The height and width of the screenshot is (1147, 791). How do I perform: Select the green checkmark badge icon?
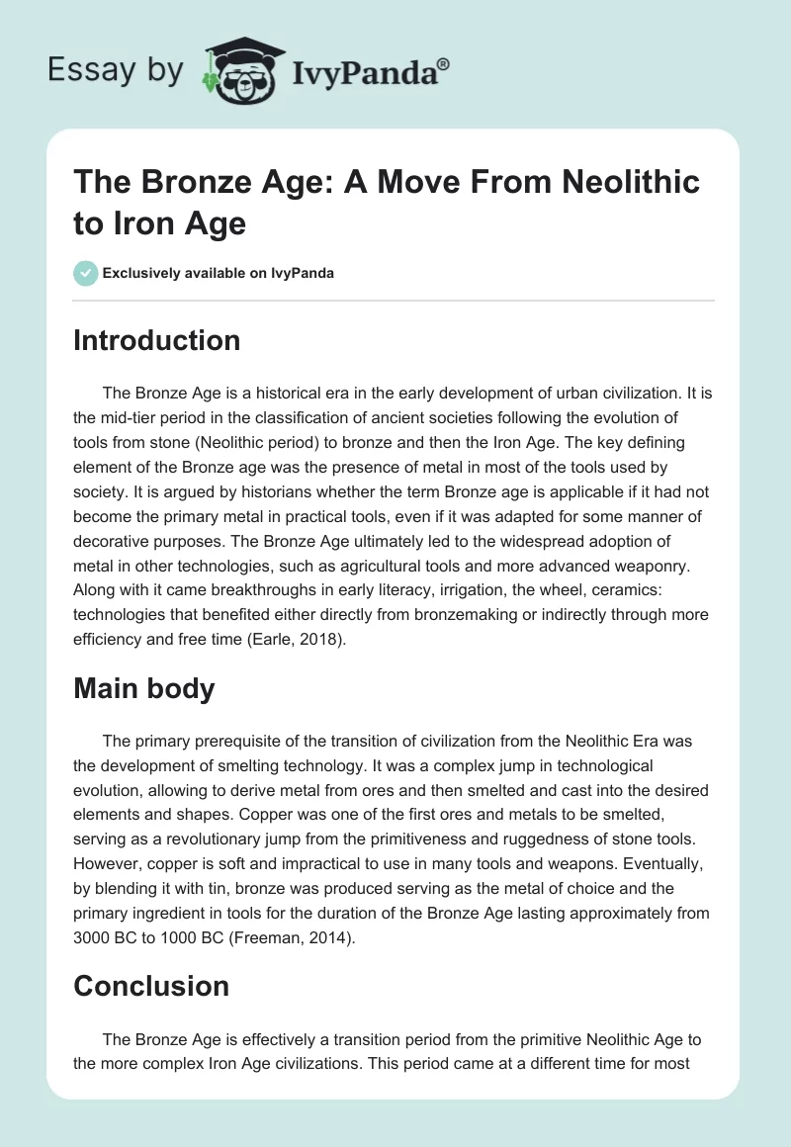86,273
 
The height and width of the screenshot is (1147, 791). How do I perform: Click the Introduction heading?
157,340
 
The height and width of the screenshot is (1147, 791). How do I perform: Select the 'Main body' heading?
144,688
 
